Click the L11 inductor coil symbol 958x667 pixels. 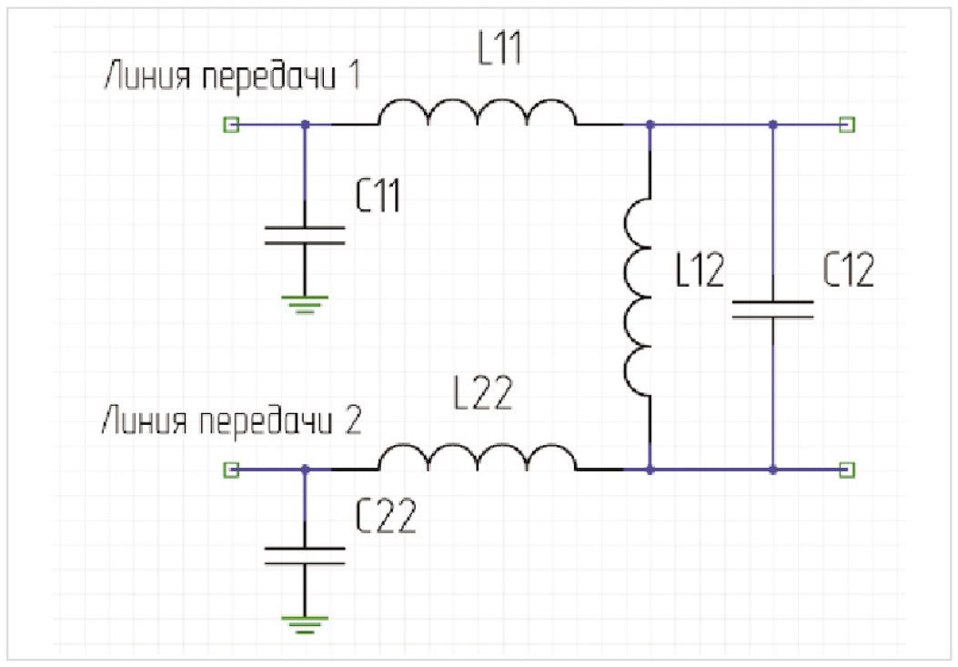coord(477,114)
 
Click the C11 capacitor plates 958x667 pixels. coord(305,235)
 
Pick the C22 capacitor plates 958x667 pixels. coord(305,555)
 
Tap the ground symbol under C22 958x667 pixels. coord(305,623)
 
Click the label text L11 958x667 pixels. coord(499,51)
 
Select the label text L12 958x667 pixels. coord(701,271)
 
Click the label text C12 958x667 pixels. coord(848,270)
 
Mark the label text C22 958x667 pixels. coord(388,517)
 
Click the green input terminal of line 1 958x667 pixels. coord(231,124)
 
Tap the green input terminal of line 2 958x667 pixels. coord(231,470)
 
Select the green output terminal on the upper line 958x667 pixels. coord(847,124)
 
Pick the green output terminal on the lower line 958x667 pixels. coord(847,470)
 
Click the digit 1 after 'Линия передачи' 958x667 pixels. coord(353,76)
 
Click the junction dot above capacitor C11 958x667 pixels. coord(305,124)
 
